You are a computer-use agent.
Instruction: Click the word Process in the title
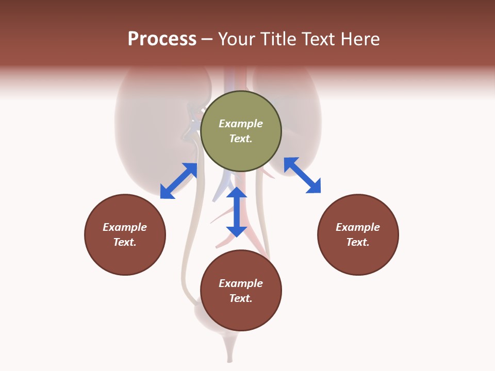(162, 39)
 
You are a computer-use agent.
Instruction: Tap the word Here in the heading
(360, 39)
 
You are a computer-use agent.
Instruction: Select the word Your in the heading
(238, 39)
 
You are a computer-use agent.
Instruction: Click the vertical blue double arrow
(237, 212)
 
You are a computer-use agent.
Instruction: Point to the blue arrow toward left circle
(178, 181)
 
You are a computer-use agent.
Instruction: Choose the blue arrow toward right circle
(302, 175)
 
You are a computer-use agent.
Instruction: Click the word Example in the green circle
(241, 124)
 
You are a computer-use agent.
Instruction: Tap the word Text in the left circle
(125, 242)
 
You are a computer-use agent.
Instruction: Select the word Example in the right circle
(358, 227)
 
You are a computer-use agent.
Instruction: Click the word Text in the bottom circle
(241, 298)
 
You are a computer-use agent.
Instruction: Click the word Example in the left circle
(125, 227)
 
